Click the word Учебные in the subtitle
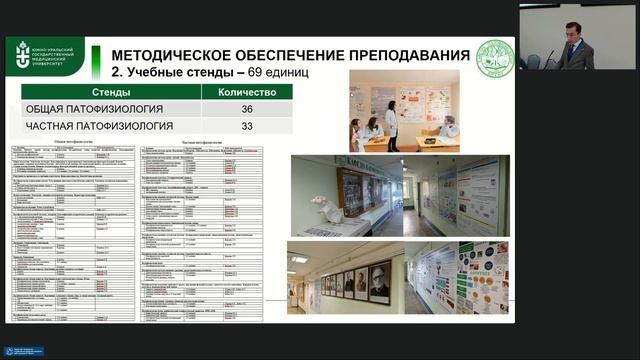156,73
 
